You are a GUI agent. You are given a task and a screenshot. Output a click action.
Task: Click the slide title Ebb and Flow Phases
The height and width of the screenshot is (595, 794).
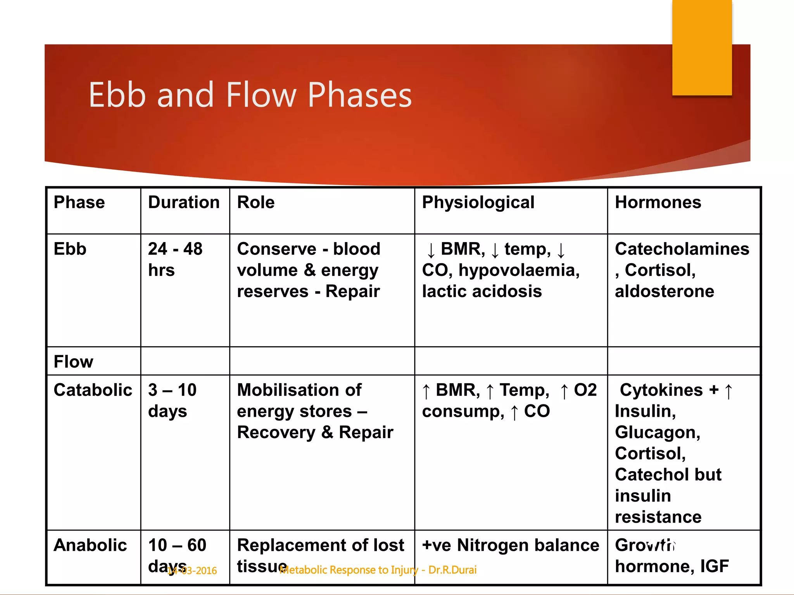coord(250,95)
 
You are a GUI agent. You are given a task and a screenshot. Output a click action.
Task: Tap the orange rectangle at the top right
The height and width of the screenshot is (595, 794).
coord(702,47)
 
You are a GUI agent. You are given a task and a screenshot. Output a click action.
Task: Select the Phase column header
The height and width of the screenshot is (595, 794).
coord(79,203)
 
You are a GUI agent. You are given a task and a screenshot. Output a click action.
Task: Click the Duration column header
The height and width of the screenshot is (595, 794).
coord(184,203)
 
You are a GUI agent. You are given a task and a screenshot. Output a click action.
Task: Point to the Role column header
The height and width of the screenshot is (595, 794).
coord(255,203)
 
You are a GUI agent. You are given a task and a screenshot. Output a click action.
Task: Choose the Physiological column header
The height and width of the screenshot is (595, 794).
coord(478,203)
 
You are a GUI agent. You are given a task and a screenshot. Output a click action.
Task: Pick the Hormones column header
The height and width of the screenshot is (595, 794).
coord(658,203)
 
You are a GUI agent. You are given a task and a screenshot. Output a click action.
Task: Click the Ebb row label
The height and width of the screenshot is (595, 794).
coord(70,249)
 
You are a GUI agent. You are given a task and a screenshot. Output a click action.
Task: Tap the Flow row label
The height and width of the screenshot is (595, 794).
coord(73,362)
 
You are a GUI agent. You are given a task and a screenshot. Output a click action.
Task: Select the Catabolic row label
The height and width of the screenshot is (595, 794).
coord(93,390)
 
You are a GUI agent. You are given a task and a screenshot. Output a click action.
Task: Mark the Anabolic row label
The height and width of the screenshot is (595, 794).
coord(90,545)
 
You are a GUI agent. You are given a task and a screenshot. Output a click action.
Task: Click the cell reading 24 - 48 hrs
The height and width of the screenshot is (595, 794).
coord(175,259)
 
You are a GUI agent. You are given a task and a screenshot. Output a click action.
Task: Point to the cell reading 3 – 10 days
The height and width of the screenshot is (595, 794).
coord(172,401)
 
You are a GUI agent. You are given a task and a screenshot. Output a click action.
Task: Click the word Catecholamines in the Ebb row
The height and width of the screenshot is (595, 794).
coord(682,249)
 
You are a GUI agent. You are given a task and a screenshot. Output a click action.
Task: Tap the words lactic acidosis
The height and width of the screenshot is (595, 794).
coord(482,291)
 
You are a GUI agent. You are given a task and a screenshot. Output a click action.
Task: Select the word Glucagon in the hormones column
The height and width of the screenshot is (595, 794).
coord(657,432)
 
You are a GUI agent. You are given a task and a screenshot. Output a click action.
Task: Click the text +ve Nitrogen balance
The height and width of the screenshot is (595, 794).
coord(510,545)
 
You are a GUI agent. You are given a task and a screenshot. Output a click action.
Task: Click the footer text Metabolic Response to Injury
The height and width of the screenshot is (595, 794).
coord(349,570)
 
